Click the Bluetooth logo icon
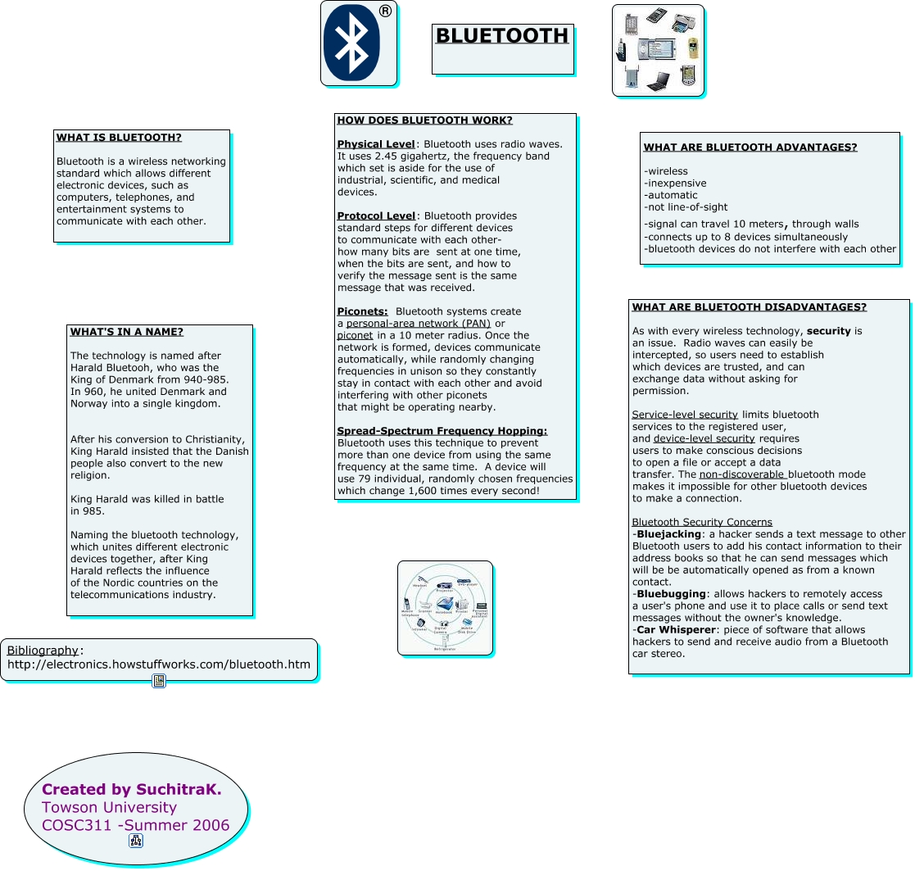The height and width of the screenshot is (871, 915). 352,43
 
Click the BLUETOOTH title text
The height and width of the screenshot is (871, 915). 501,36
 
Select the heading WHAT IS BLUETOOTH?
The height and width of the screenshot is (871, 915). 119,138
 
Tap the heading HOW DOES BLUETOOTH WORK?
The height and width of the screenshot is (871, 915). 424,120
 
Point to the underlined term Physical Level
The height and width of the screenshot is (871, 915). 376,144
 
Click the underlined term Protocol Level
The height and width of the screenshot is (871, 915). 376,215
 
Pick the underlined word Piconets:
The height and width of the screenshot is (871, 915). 362,311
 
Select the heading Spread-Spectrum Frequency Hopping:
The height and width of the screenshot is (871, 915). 442,431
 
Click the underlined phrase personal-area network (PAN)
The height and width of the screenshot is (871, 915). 419,324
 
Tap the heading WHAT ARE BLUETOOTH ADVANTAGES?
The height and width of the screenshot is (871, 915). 750,147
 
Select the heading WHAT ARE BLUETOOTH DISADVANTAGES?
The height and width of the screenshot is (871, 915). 749,307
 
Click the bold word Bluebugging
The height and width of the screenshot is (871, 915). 671,594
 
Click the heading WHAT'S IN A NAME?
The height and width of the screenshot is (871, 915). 127,332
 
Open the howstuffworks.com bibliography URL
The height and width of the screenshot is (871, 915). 159,665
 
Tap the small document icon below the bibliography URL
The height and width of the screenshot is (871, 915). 159,681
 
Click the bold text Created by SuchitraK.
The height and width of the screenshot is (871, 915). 132,790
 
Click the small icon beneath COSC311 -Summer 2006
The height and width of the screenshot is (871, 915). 136,841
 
